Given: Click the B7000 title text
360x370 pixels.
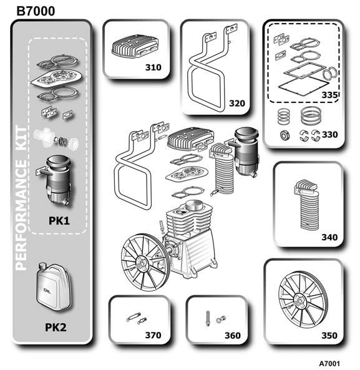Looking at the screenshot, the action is [36, 11].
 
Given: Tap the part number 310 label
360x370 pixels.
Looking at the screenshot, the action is [153, 67].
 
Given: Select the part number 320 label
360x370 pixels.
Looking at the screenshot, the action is [237, 104].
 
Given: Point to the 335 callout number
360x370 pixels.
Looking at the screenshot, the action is [330, 95].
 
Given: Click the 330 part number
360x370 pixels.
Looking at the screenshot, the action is [330, 135].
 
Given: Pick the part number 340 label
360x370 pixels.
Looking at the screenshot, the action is [329, 237].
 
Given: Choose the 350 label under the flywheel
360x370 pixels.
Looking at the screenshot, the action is [329, 335].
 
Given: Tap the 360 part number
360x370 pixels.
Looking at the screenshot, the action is [233, 335].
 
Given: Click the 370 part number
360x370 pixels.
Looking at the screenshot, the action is [153, 335].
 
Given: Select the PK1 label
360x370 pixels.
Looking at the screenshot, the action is [59, 221].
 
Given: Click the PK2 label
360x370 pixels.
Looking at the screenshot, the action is [56, 328].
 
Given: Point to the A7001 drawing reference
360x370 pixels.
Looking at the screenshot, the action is [329, 364].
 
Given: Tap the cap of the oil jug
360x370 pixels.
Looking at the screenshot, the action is [42, 266].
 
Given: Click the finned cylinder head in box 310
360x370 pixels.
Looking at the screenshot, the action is [135, 47].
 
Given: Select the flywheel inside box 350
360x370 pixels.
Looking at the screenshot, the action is [303, 300].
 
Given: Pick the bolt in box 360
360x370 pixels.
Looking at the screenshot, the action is [208, 318].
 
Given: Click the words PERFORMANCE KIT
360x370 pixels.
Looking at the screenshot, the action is [21, 198].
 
